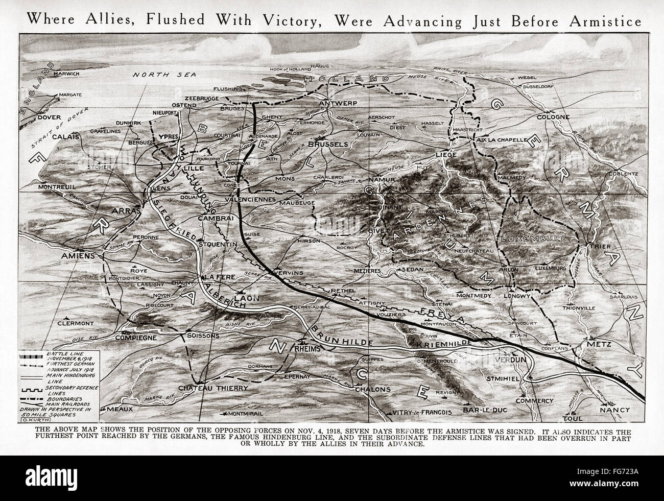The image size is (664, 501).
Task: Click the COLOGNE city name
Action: (x=553, y=117)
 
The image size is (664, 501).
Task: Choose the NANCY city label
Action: (x=614, y=410)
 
